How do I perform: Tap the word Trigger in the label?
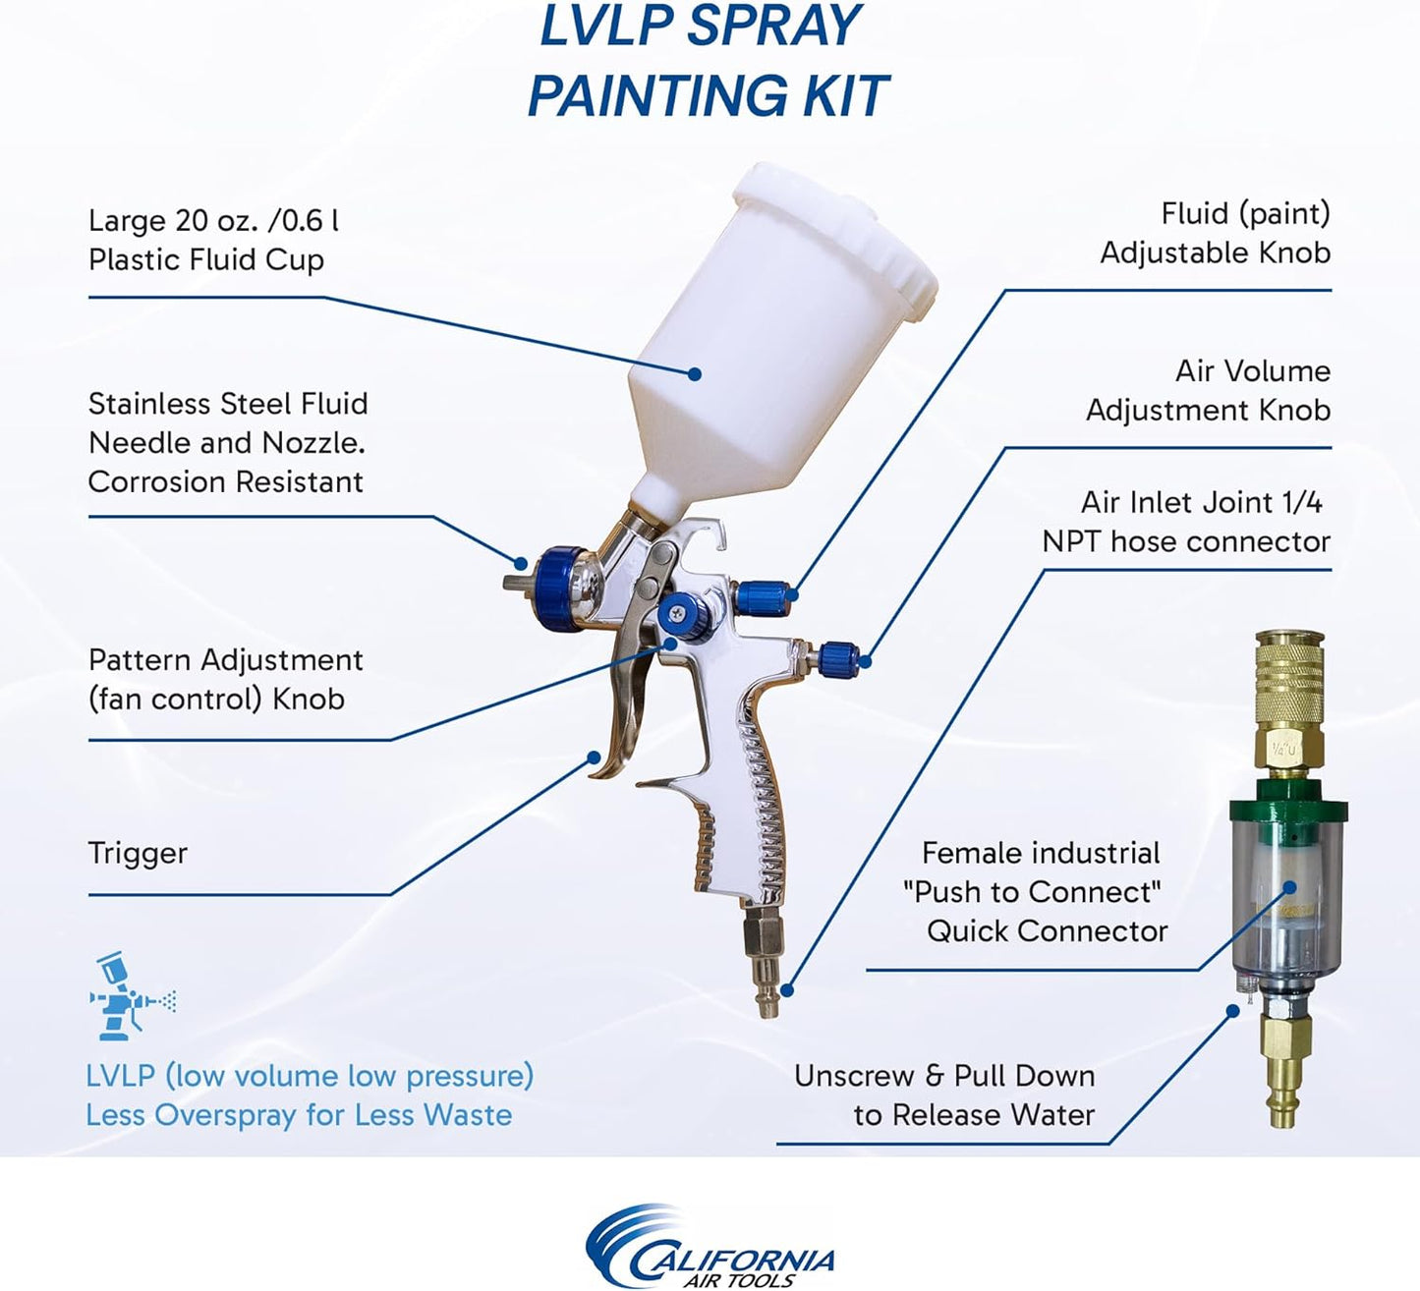point(138,853)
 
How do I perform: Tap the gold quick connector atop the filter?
point(1288,688)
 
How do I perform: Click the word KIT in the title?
point(837,95)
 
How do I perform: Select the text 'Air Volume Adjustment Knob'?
point(1208,390)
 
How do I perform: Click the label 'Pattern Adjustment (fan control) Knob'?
point(225,679)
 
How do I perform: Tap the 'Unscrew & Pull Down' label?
point(943,1076)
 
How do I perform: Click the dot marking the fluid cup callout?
point(695,373)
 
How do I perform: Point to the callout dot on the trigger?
point(594,757)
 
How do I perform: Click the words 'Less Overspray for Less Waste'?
point(299,1115)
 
